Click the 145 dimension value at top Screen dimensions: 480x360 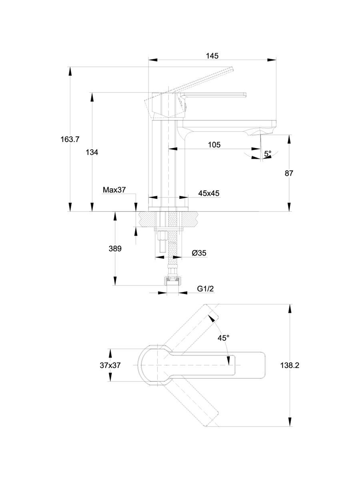(212, 56)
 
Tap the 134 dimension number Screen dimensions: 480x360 (92, 152)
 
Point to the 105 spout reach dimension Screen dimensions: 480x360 (214, 144)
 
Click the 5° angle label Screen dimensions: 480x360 (268, 153)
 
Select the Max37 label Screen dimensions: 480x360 (114, 190)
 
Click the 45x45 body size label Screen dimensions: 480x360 (209, 193)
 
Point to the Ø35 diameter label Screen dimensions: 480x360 (199, 253)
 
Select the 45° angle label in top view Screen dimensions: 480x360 (223, 338)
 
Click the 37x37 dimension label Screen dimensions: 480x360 (110, 365)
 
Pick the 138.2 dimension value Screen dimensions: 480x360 (290, 365)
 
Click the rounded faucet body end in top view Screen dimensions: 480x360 (144, 365)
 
